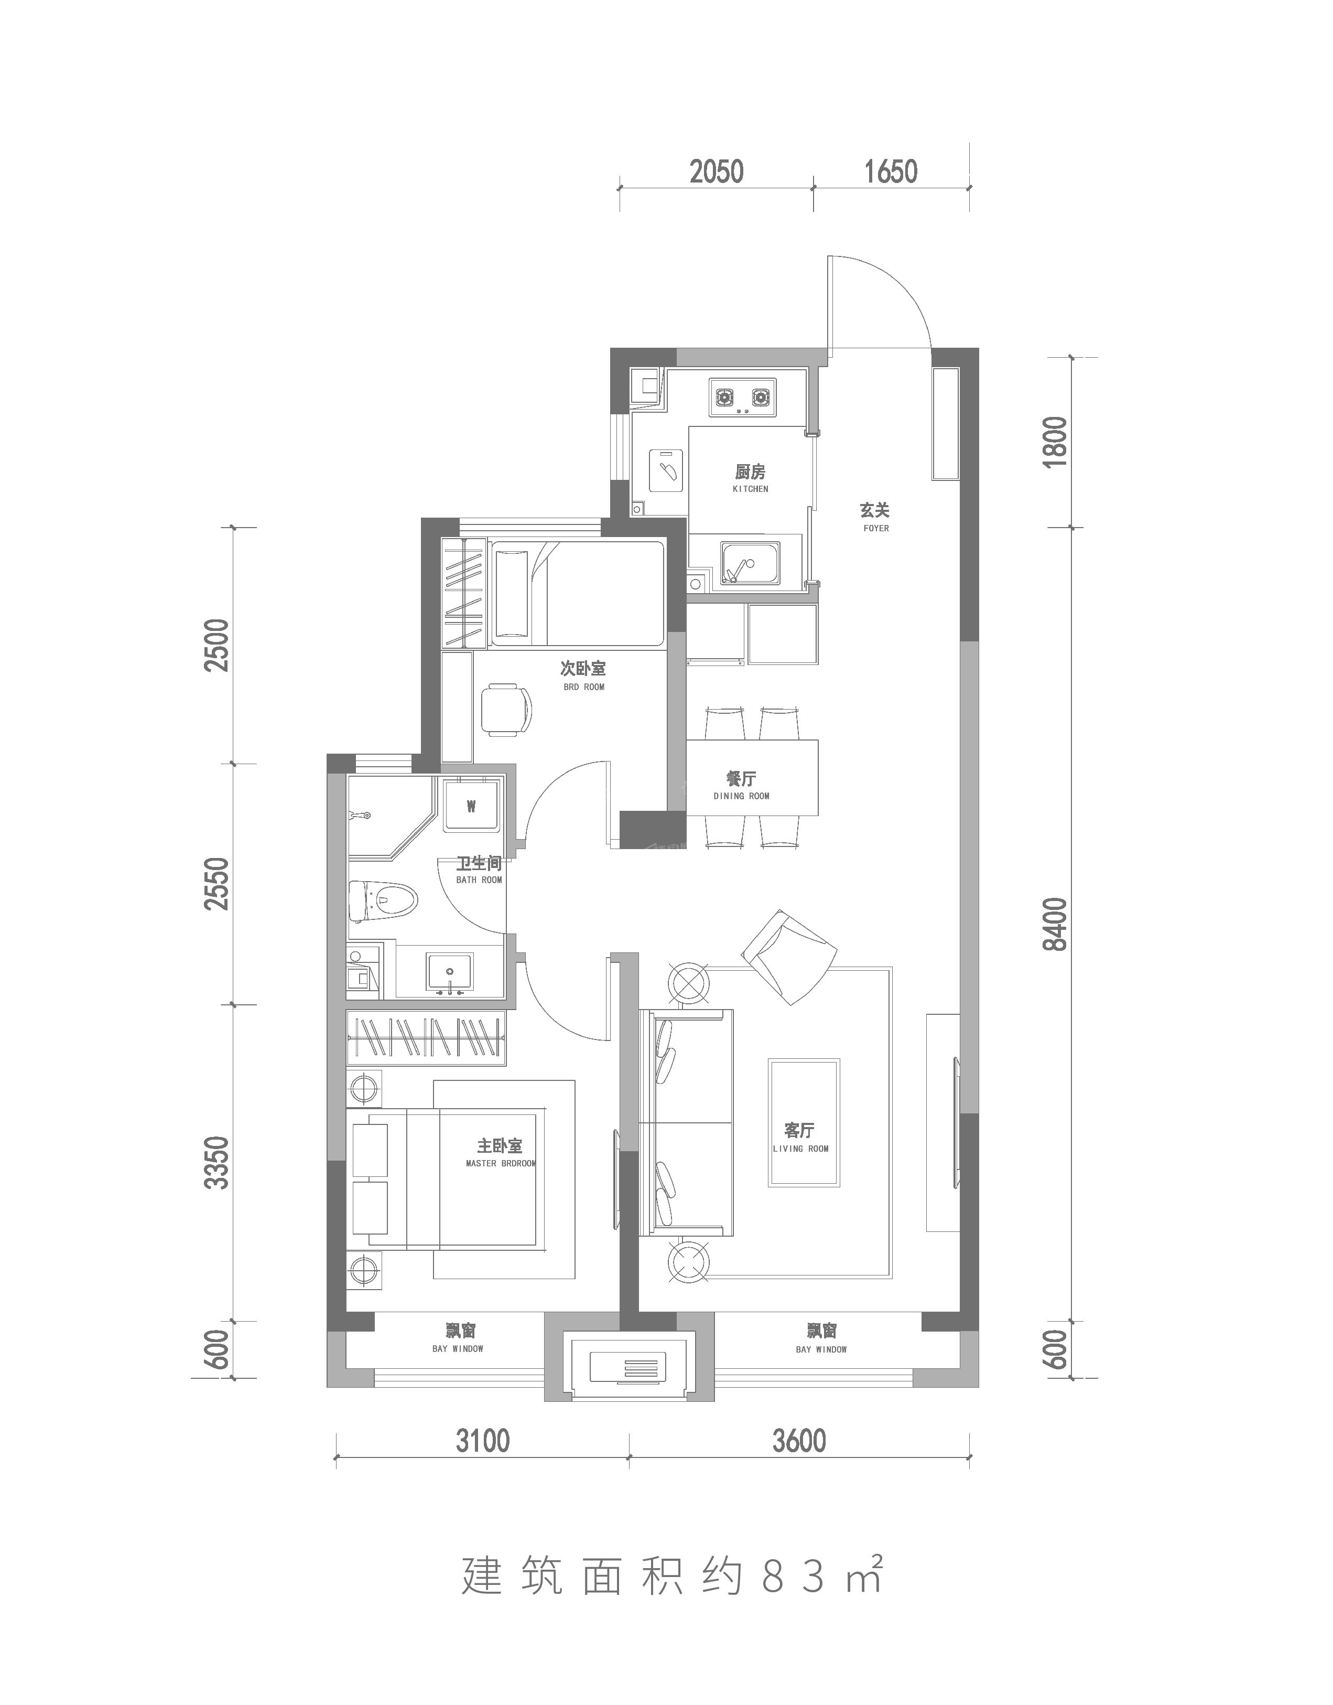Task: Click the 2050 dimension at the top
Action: tap(717, 171)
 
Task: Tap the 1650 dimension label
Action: tap(891, 171)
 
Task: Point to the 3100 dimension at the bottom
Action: tap(483, 1440)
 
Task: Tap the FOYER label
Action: tap(876, 529)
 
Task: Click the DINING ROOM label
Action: tap(741, 796)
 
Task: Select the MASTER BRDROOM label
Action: tap(501, 1164)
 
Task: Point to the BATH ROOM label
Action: tap(479, 880)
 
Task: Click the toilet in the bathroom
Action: tap(383, 901)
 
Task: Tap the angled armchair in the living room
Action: tap(788, 958)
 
